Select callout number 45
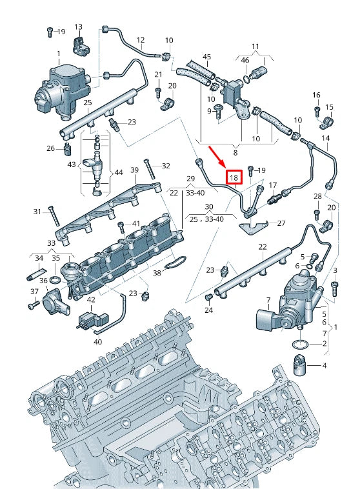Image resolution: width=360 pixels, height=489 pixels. tap(206, 57)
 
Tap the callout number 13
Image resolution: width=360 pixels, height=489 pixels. tap(78, 27)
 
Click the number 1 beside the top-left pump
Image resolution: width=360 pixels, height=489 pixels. tap(58, 53)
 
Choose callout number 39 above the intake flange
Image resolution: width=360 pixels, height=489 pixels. tap(135, 170)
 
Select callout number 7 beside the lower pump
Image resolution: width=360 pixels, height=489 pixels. tap(268, 299)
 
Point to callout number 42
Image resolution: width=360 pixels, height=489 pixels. tap(91, 299)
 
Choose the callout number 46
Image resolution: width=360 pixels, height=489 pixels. tap(245, 60)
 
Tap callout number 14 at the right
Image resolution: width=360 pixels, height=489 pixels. tap(325, 139)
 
